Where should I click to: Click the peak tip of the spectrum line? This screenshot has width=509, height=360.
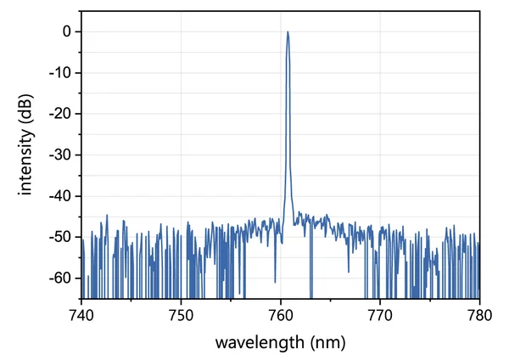tap(288, 32)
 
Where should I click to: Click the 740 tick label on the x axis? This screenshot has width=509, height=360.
tap(81, 313)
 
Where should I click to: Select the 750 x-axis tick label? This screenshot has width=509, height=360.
tap(181, 313)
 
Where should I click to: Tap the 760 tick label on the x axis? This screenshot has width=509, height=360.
tap(281, 313)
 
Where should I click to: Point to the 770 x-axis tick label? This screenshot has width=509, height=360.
tap(380, 313)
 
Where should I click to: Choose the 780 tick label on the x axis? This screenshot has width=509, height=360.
tap(479, 313)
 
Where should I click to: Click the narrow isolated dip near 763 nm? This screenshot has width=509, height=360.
tap(310, 272)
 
